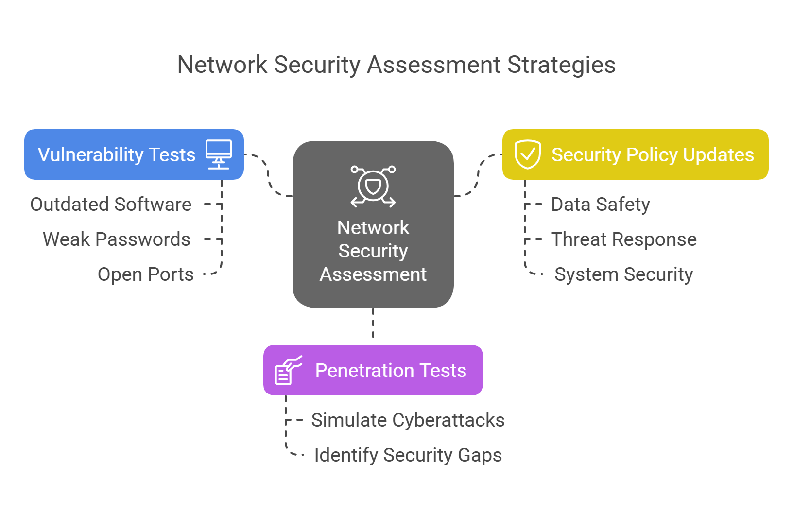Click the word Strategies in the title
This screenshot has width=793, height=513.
[x=561, y=65]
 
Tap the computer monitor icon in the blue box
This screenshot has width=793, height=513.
[x=219, y=154]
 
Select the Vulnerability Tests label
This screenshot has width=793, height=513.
[x=117, y=155]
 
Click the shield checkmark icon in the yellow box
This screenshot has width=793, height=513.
[x=527, y=154]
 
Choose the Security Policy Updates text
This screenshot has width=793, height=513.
[x=653, y=155]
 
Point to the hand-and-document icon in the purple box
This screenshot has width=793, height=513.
[x=288, y=370]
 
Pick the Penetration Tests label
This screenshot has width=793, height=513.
[x=391, y=371]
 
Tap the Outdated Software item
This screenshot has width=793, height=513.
[x=111, y=205]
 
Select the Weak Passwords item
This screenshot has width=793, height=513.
[x=117, y=239]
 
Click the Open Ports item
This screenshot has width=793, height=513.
[x=146, y=274]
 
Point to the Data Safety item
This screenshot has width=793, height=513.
[x=601, y=205]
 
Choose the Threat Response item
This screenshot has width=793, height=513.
[x=624, y=239]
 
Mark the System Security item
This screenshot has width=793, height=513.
[x=624, y=274]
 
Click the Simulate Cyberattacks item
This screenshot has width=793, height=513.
[x=408, y=420]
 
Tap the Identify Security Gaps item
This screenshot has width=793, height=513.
[x=408, y=455]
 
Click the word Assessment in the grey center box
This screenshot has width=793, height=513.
[x=373, y=274]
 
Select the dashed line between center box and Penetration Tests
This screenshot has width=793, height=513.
[x=373, y=324]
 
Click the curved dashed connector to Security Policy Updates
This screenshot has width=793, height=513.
[x=478, y=175]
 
